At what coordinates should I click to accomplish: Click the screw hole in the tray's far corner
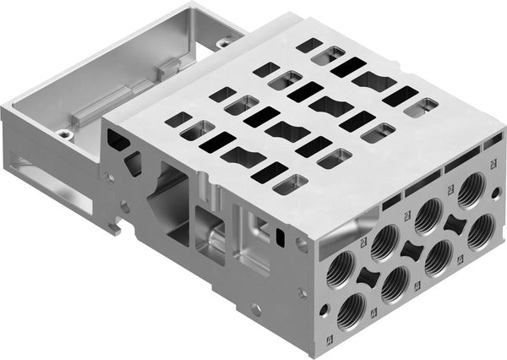[x=225, y=42]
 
